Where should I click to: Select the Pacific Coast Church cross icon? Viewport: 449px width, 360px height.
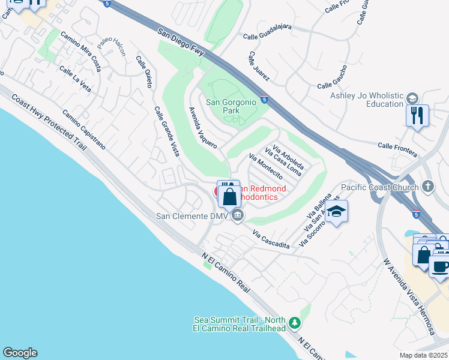tap(427, 187)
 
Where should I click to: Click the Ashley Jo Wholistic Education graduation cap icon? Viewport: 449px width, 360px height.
tap(412, 98)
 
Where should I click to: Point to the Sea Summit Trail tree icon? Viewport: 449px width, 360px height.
tap(294, 323)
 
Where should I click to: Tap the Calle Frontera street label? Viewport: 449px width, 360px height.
tap(397, 150)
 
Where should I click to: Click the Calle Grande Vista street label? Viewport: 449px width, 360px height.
tap(167, 131)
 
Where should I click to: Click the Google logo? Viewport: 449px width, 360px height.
tap(20, 353)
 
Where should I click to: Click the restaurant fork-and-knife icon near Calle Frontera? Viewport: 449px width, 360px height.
tap(417, 115)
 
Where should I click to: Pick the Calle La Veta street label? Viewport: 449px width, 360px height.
tap(75, 79)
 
